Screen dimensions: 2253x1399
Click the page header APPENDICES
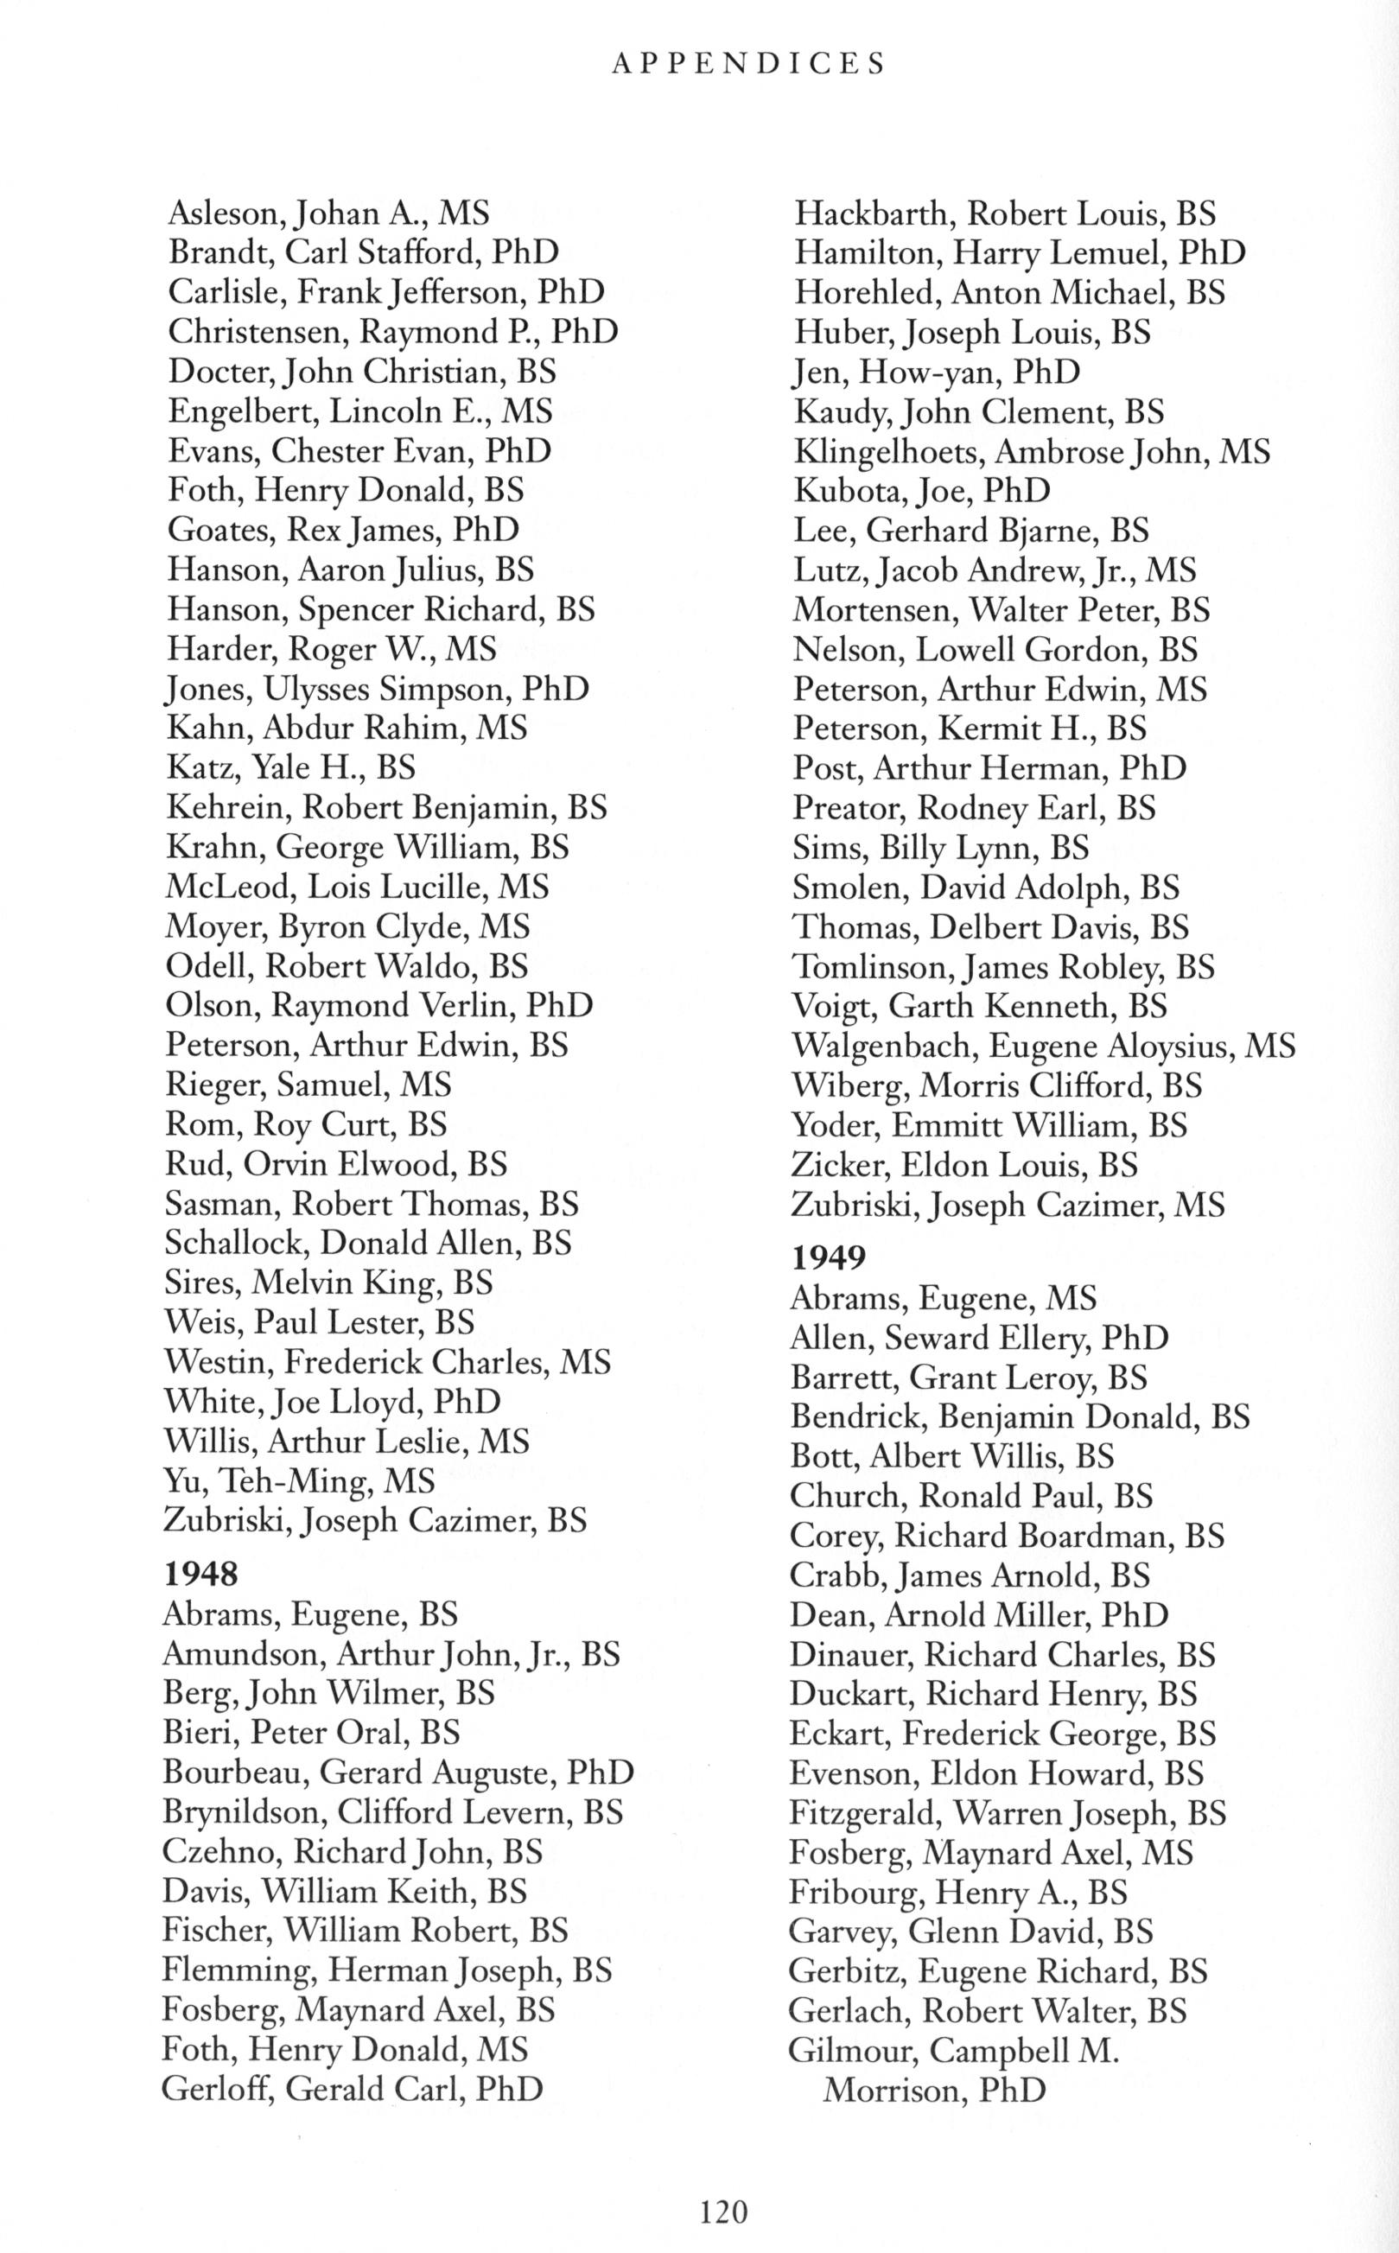click(749, 63)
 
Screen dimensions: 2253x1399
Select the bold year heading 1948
click(200, 1573)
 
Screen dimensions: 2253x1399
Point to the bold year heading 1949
click(827, 1257)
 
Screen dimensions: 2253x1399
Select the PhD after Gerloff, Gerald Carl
click(509, 2088)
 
